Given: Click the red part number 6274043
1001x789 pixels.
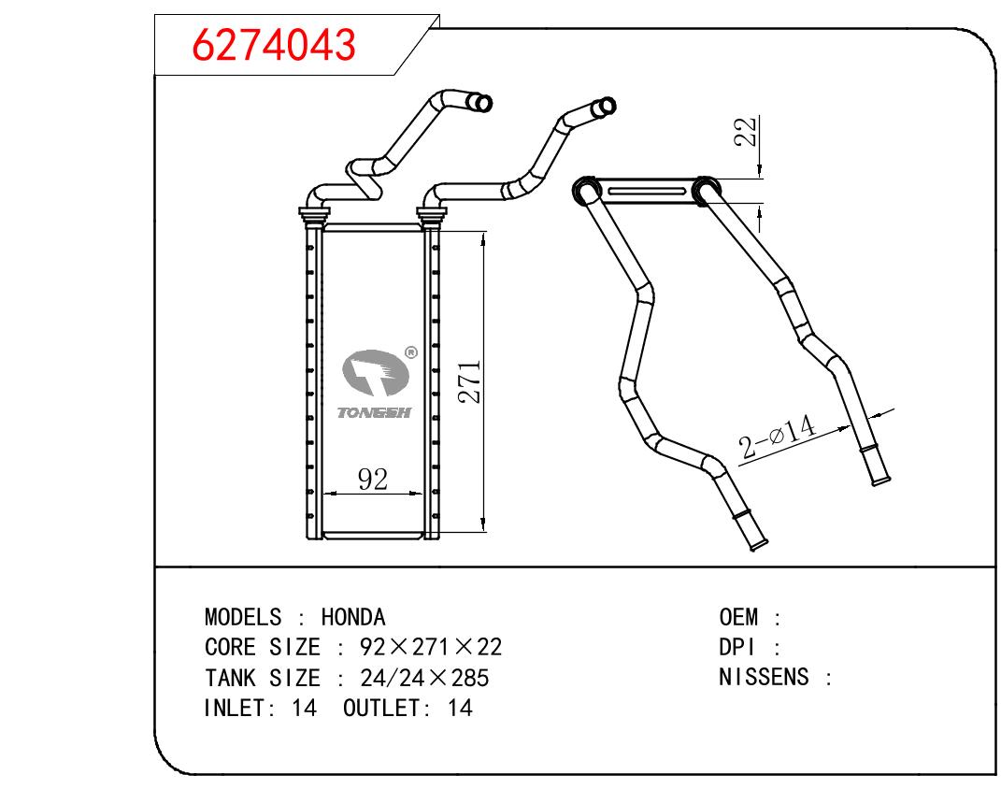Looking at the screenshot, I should tap(274, 44).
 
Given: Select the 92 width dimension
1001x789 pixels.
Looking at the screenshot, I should tap(373, 480).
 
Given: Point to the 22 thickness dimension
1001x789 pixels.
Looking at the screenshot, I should tap(745, 133).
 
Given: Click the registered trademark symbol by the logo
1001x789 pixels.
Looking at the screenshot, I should tap(409, 353).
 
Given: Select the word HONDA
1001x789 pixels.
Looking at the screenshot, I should tap(352, 617).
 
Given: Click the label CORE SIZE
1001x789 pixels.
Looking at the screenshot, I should tap(262, 648).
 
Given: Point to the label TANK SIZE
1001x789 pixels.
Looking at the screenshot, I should tap(262, 678).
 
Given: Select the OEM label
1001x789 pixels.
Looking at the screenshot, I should tap(738, 617).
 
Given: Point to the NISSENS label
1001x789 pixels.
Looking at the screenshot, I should tap(764, 678).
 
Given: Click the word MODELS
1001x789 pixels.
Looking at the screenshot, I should tap(242, 617).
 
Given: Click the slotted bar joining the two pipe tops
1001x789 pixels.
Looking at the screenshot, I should tap(645, 192).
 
